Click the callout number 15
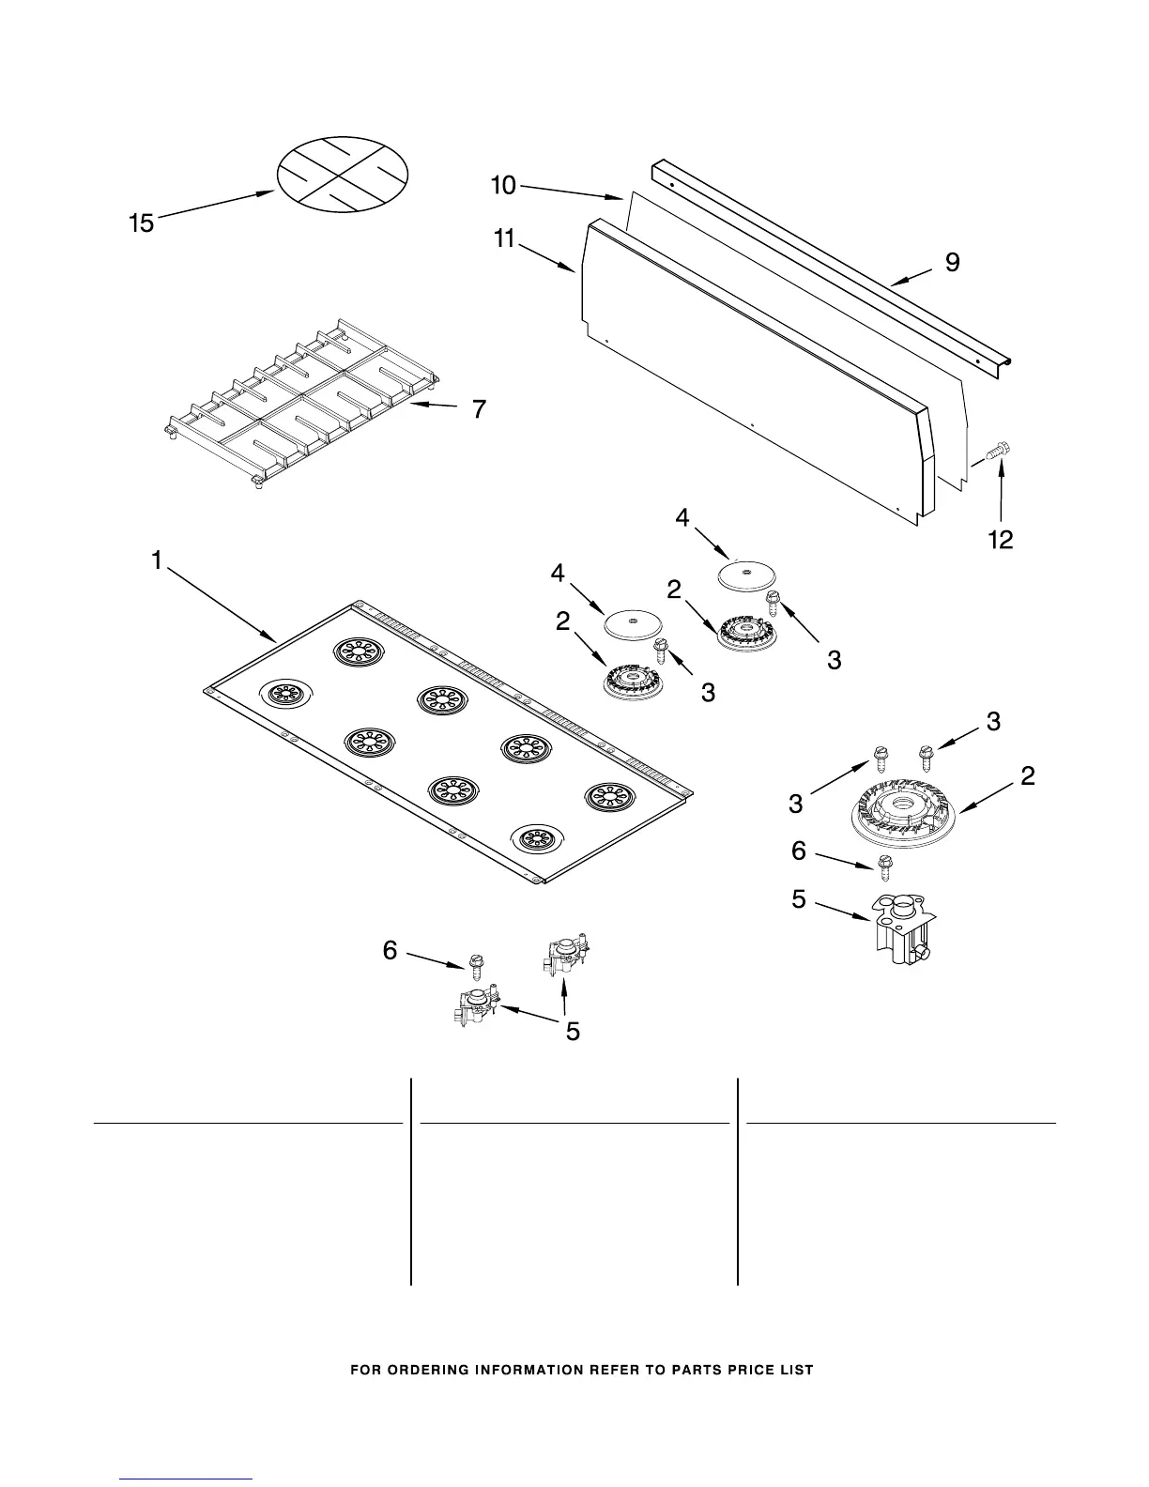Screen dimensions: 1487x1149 coord(142,223)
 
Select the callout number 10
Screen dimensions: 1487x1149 coord(504,186)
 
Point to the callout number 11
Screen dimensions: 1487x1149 coord(504,240)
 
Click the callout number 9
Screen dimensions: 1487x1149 coord(952,263)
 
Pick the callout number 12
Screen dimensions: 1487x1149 coord(1002,540)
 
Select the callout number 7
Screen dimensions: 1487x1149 coord(479,409)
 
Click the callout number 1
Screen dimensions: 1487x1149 coord(157,560)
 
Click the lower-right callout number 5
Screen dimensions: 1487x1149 coord(798,899)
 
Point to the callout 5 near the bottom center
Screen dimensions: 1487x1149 coord(572,1032)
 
